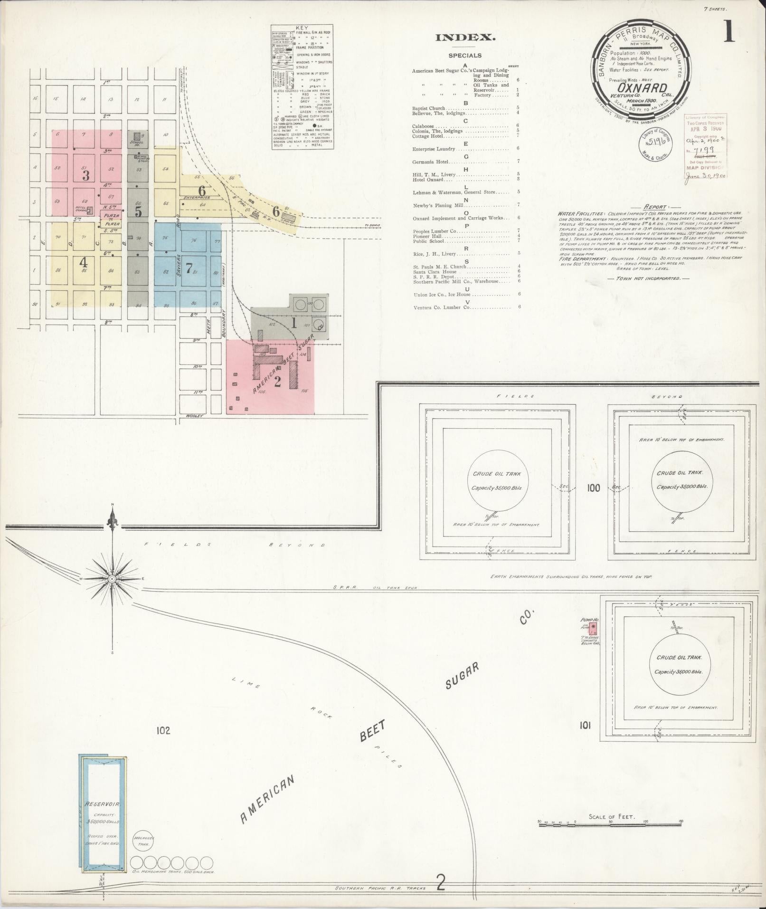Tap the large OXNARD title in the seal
643,88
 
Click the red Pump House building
593,630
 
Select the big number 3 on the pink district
86,176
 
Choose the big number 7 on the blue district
189,268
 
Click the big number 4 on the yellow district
84,262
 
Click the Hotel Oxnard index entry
427,180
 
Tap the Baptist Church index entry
428,108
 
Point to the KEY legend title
302,29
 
